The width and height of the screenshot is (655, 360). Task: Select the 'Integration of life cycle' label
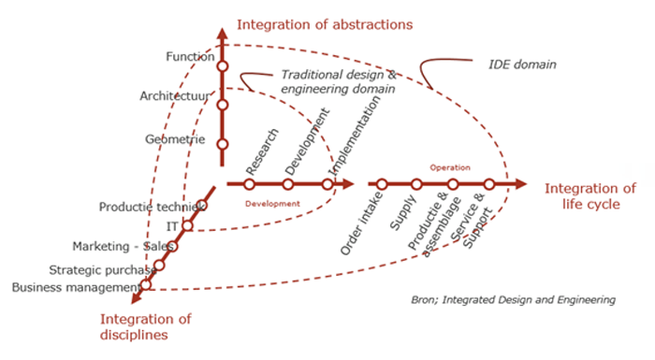pyautogui.click(x=590, y=196)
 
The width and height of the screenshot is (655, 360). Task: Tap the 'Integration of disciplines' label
pyautogui.click(x=145, y=326)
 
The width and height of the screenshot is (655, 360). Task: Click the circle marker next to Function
pyautogui.click(x=223, y=66)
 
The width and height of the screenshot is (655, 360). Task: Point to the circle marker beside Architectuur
pyautogui.click(x=223, y=105)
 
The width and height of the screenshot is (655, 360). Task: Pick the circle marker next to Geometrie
pyautogui.click(x=223, y=144)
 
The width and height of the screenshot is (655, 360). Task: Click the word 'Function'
pyautogui.click(x=190, y=57)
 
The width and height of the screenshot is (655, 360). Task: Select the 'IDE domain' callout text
pyautogui.click(x=523, y=65)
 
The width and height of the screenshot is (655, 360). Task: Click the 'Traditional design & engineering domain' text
pyautogui.click(x=337, y=81)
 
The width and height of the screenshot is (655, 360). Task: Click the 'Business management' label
pyautogui.click(x=75, y=286)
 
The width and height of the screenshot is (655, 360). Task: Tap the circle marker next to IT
pyautogui.click(x=187, y=225)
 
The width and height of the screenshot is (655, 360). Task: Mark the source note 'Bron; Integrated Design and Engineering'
pyautogui.click(x=513, y=300)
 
